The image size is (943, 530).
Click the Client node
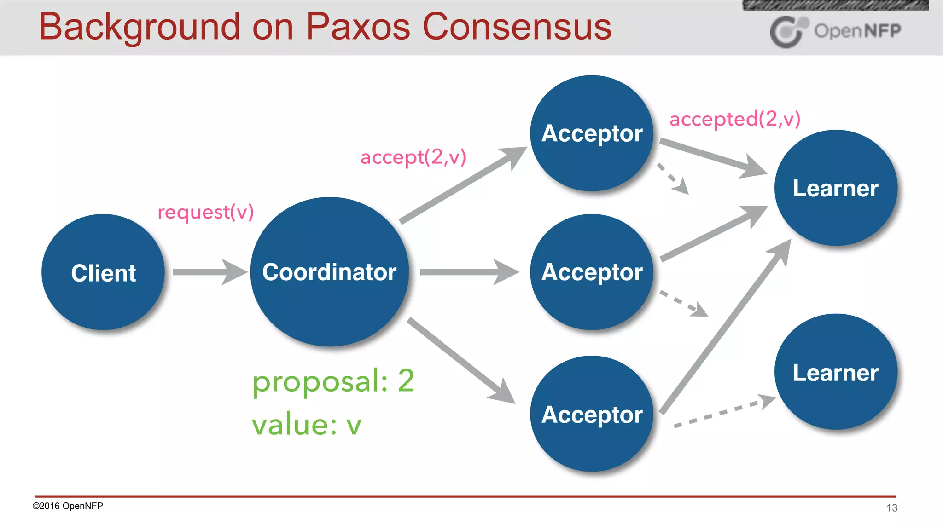coord(103,272)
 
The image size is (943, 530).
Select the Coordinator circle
coord(329,271)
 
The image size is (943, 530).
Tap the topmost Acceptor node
coord(592,133)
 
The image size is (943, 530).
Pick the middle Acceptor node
coord(592,271)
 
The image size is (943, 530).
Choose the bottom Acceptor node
coord(592,414)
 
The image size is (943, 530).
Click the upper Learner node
coord(836,188)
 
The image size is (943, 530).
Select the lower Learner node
coord(836,372)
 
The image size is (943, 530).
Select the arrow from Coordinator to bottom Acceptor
coord(460,360)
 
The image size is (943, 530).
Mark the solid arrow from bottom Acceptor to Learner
coord(725,327)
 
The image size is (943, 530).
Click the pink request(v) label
coord(205,212)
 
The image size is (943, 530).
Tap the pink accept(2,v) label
coord(413,157)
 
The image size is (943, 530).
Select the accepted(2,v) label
coord(735,119)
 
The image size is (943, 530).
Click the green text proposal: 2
coord(333,381)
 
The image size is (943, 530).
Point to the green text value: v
coord(306,424)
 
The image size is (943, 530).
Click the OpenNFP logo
coord(835,31)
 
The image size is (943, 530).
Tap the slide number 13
coord(891,507)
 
